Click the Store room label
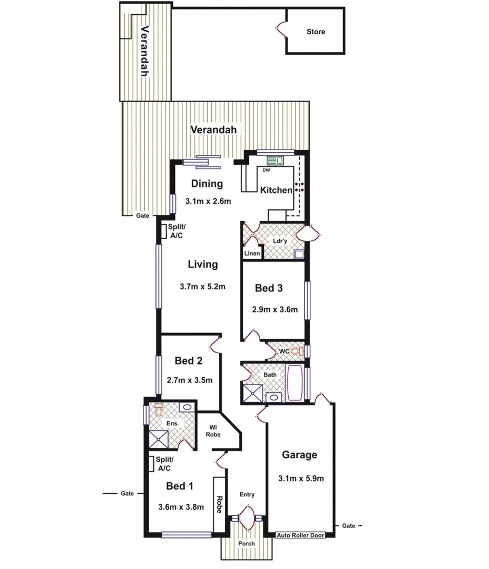(316, 32)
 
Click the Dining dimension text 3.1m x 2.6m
(209, 201)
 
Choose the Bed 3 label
(268, 288)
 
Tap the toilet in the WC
(296, 351)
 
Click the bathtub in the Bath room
(294, 383)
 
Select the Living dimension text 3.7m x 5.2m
(202, 287)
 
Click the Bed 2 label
(188, 361)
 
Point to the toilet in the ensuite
(159, 407)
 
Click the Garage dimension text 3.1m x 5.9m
(300, 478)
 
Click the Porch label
(246, 543)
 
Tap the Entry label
(247, 494)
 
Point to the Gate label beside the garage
(348, 526)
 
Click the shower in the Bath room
(252, 393)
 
